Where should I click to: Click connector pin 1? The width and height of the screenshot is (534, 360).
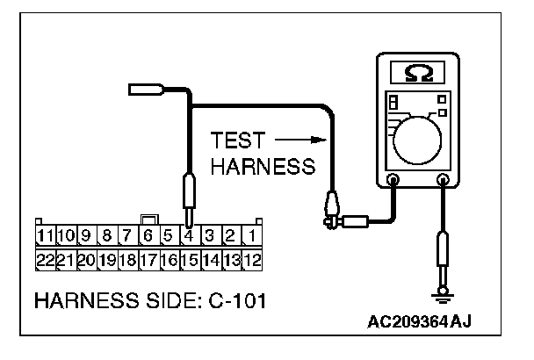251,235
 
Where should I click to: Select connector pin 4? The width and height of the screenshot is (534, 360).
187,235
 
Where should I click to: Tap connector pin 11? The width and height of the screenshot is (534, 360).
45,235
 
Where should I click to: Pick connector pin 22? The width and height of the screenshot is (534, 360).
45,260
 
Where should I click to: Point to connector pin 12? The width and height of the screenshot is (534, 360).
251,260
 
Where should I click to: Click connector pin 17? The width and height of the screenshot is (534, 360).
148,260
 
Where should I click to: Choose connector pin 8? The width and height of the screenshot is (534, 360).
106,235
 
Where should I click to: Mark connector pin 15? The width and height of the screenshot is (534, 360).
188,260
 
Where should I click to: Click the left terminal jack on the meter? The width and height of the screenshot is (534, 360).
393,181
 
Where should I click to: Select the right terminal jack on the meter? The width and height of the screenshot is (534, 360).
443,181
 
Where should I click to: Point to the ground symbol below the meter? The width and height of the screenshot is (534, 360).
443,295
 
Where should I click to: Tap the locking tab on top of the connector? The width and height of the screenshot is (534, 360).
148,220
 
